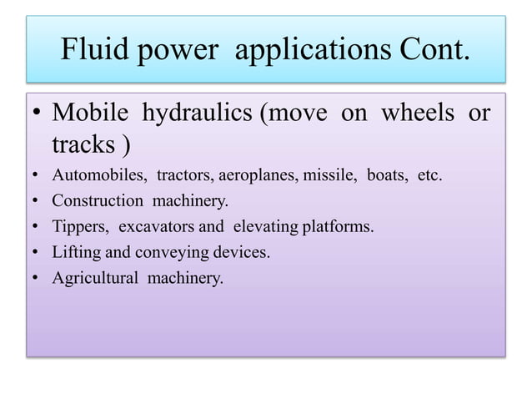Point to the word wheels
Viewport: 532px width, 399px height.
tap(419, 114)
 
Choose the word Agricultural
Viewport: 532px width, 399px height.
tap(95, 278)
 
